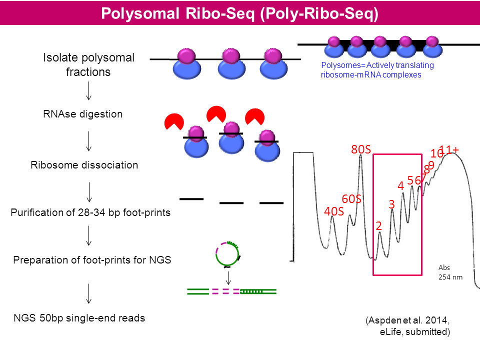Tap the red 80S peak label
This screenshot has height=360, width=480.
360,149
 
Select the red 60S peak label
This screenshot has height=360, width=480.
351,199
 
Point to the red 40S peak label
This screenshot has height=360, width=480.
334,211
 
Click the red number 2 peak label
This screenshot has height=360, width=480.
379,226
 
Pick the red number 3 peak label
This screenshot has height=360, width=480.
391,204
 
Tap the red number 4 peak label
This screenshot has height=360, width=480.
400,185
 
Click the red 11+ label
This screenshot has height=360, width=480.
449,149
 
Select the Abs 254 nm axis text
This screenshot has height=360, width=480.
448,272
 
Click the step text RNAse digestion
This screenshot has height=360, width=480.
83,114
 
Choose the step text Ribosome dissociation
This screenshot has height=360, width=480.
84,165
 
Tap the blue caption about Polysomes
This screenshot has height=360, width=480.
377,70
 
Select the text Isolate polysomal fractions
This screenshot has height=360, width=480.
88,64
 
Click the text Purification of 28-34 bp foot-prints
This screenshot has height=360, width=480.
91,212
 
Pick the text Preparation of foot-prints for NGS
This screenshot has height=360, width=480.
92,260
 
